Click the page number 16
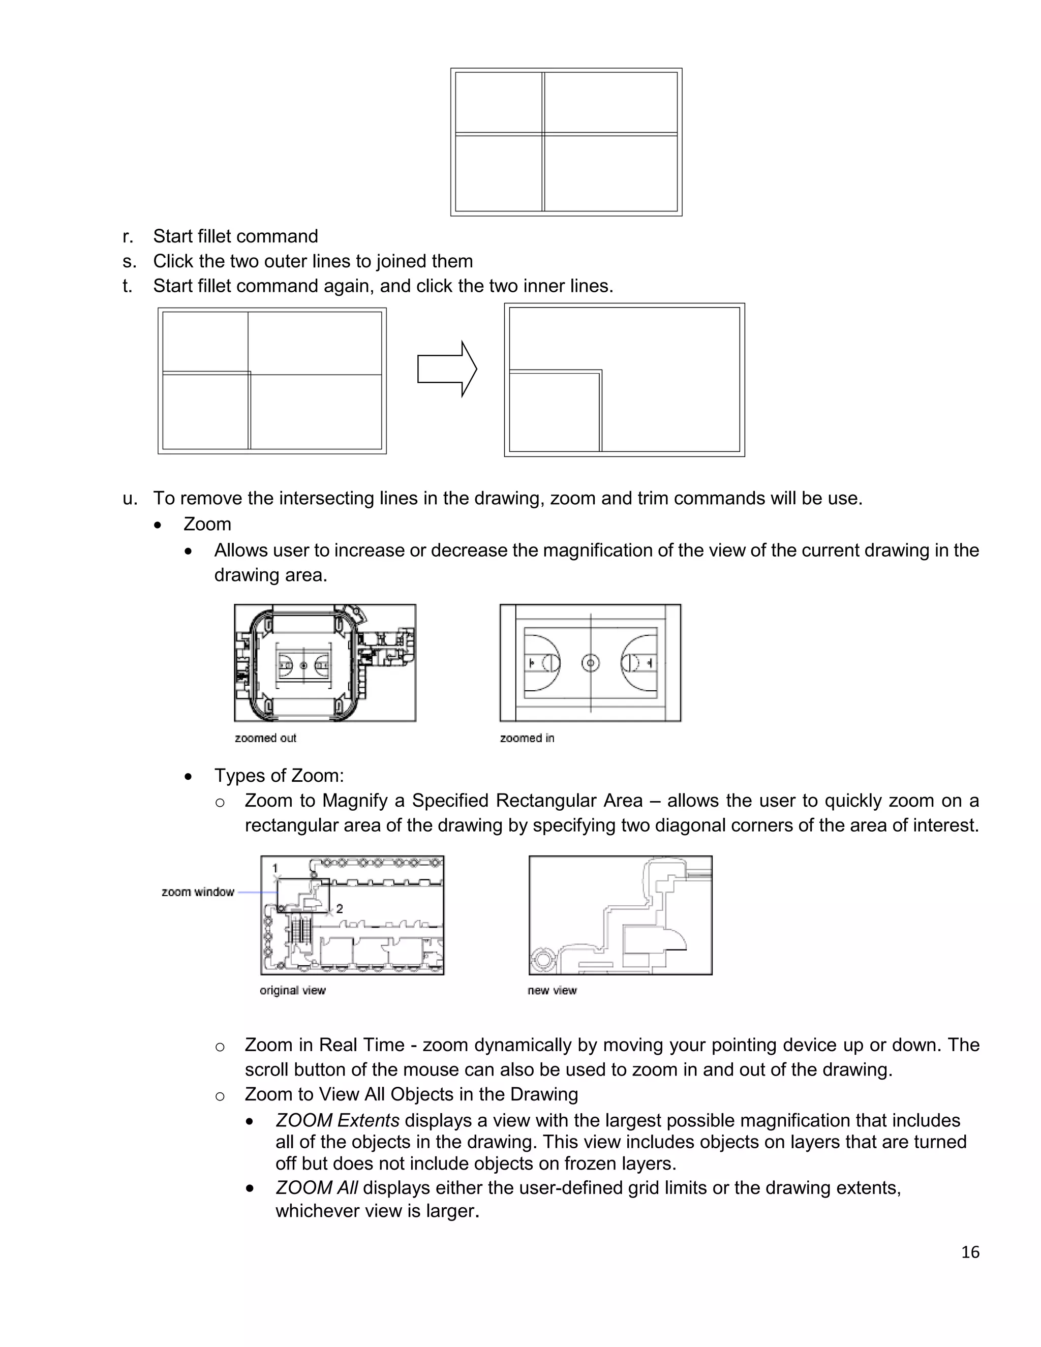click(969, 1251)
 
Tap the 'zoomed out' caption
click(265, 738)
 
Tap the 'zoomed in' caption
click(527, 738)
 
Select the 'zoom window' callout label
click(197, 892)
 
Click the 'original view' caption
click(292, 990)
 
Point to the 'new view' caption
click(552, 990)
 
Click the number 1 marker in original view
click(274, 868)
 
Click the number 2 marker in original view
click(339, 908)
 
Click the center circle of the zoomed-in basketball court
click(590, 663)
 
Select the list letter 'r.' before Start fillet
click(128, 236)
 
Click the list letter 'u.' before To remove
click(130, 498)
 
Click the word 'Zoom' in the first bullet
click(207, 524)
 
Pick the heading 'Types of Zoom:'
click(279, 775)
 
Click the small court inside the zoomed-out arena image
click(303, 666)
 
